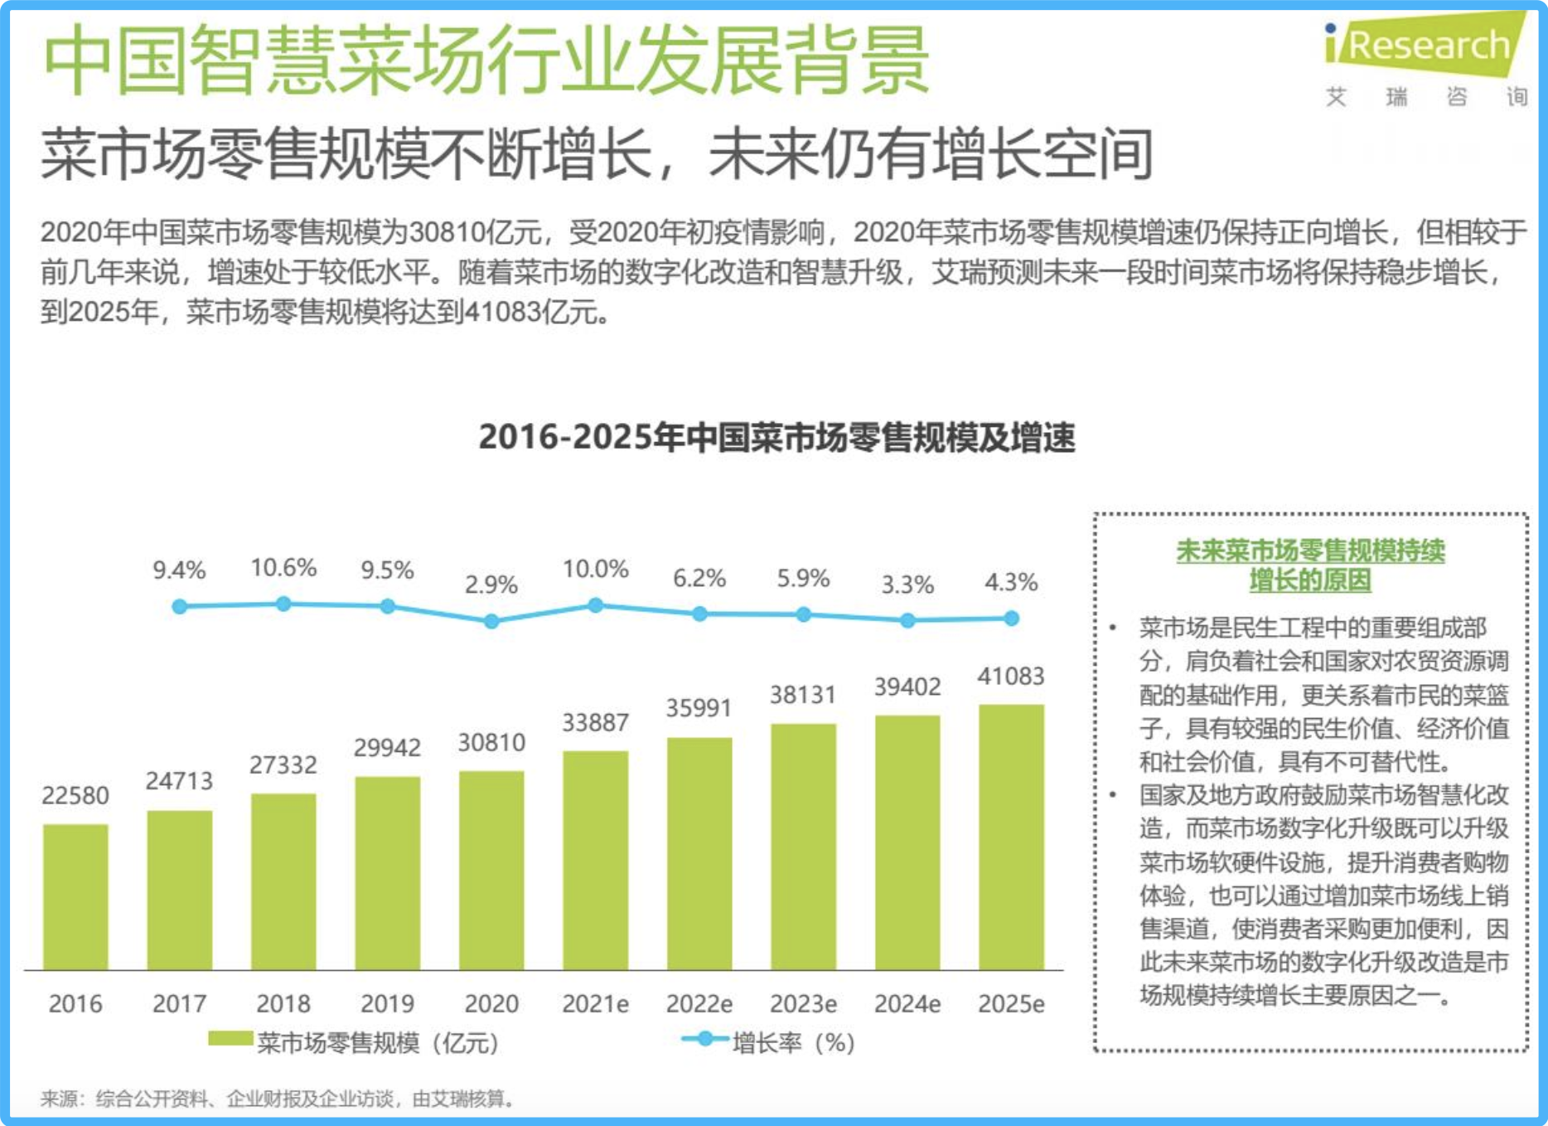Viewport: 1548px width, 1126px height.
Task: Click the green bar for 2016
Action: click(x=75, y=896)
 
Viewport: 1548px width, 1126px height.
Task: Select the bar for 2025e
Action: click(x=1011, y=837)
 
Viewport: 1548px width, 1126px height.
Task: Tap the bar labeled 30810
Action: click(x=491, y=870)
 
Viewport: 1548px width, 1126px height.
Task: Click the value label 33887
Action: click(x=595, y=722)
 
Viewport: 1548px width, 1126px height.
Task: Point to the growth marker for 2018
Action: click(x=283, y=604)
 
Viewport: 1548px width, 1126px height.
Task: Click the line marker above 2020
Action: click(x=491, y=621)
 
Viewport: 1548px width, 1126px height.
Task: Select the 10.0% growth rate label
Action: click(x=595, y=569)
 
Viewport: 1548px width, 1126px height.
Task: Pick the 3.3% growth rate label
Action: click(x=907, y=585)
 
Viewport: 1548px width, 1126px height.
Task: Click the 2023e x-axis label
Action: click(x=803, y=1004)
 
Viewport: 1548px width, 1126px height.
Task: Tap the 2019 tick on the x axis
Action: click(x=387, y=1004)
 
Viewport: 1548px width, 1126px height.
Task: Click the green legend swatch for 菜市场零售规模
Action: click(x=230, y=1039)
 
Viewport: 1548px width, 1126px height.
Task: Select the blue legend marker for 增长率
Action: click(x=704, y=1039)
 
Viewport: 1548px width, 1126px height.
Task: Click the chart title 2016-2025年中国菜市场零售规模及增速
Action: click(x=776, y=437)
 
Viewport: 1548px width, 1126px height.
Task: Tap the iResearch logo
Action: click(x=1425, y=46)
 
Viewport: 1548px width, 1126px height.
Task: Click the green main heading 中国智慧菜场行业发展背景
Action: click(x=486, y=60)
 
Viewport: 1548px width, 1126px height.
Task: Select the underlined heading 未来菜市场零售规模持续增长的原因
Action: click(x=1310, y=565)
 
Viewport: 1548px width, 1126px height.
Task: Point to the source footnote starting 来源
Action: click(x=278, y=1099)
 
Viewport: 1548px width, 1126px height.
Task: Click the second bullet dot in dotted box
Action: click(x=1113, y=795)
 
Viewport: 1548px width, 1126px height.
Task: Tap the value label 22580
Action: click(x=75, y=795)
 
